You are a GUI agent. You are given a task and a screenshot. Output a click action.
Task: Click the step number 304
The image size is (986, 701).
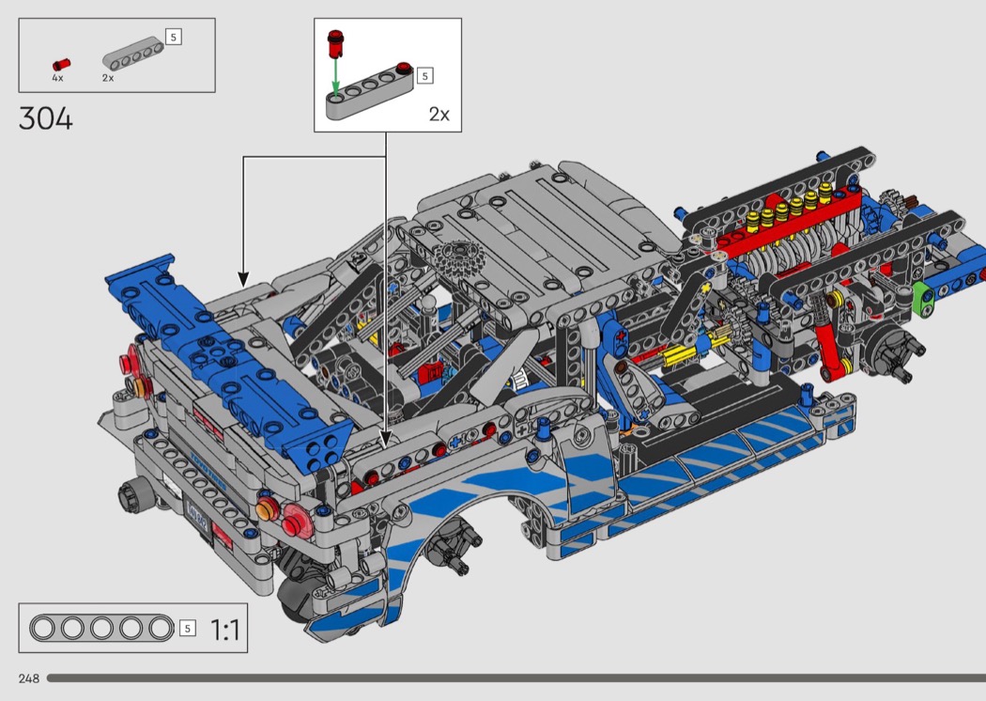(46, 118)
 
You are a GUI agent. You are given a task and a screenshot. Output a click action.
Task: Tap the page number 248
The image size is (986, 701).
(29, 678)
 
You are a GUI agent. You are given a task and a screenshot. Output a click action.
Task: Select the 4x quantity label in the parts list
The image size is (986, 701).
(57, 78)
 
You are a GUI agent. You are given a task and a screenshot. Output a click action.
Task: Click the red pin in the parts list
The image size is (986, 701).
(62, 64)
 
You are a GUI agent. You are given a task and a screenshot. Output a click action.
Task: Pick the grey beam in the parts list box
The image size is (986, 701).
(132, 54)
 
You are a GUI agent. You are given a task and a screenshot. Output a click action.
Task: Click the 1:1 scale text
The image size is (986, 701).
(224, 630)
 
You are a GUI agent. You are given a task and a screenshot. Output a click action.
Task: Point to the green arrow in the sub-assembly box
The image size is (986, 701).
(336, 77)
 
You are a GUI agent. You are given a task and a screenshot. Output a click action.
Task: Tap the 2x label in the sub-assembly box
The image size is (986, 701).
(439, 114)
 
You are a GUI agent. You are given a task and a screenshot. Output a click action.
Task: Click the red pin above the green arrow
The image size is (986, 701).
(336, 43)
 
